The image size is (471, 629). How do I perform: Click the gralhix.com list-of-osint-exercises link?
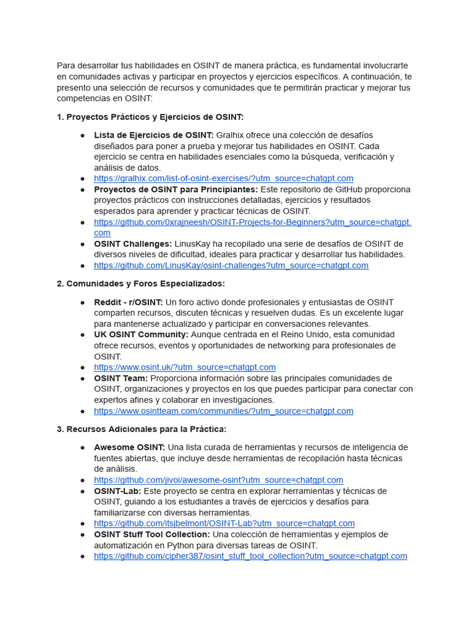click(223, 178)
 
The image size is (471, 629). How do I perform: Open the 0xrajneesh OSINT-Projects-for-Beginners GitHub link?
click(252, 222)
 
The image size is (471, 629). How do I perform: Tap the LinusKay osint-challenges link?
click(231, 265)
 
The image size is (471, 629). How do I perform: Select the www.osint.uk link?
click(185, 367)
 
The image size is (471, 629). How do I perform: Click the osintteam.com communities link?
click(223, 411)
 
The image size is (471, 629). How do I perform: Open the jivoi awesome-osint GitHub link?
click(218, 480)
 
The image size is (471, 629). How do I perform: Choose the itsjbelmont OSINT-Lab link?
click(224, 523)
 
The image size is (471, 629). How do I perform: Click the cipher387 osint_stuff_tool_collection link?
click(250, 556)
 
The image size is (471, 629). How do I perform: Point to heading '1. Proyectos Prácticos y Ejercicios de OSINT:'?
click(150, 117)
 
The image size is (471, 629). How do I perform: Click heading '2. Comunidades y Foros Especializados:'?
click(140, 283)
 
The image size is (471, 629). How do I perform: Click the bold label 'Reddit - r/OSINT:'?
click(128, 302)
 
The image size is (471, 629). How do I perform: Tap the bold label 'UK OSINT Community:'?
click(141, 335)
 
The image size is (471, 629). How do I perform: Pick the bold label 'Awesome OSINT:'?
click(129, 447)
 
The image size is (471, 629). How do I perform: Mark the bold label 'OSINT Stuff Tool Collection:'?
click(151, 534)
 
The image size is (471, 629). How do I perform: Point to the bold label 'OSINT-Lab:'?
click(117, 491)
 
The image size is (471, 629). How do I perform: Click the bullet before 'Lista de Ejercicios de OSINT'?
click(82, 135)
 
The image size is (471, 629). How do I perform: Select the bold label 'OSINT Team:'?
click(121, 378)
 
